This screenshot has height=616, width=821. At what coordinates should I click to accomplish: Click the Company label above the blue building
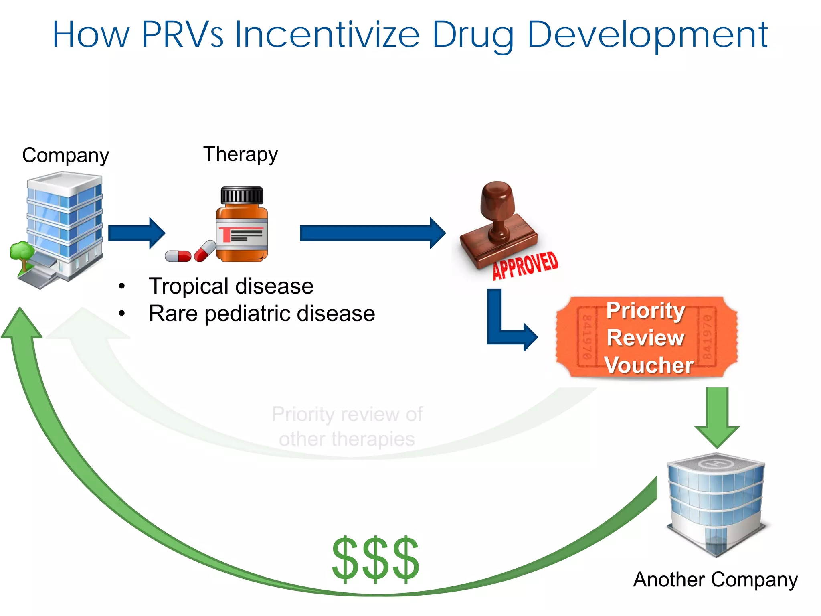click(x=65, y=155)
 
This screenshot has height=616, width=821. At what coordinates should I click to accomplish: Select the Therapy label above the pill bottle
click(x=241, y=154)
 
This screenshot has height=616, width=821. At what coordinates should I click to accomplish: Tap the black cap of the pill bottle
click(x=242, y=195)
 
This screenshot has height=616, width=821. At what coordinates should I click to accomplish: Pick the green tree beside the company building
click(x=22, y=253)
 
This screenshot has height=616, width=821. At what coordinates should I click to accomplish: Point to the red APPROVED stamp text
click(x=525, y=265)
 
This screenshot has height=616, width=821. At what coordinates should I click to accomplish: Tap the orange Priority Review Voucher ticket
click(x=646, y=337)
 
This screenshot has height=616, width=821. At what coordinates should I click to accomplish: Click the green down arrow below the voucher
click(x=717, y=417)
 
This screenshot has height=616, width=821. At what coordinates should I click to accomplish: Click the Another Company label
click(x=716, y=580)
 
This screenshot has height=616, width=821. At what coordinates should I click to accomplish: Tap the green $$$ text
click(x=376, y=559)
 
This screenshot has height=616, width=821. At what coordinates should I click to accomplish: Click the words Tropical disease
click(x=231, y=286)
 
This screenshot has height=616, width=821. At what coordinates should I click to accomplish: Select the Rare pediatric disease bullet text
click(x=262, y=313)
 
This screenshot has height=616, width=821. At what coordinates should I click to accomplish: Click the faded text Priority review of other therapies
click(x=347, y=426)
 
